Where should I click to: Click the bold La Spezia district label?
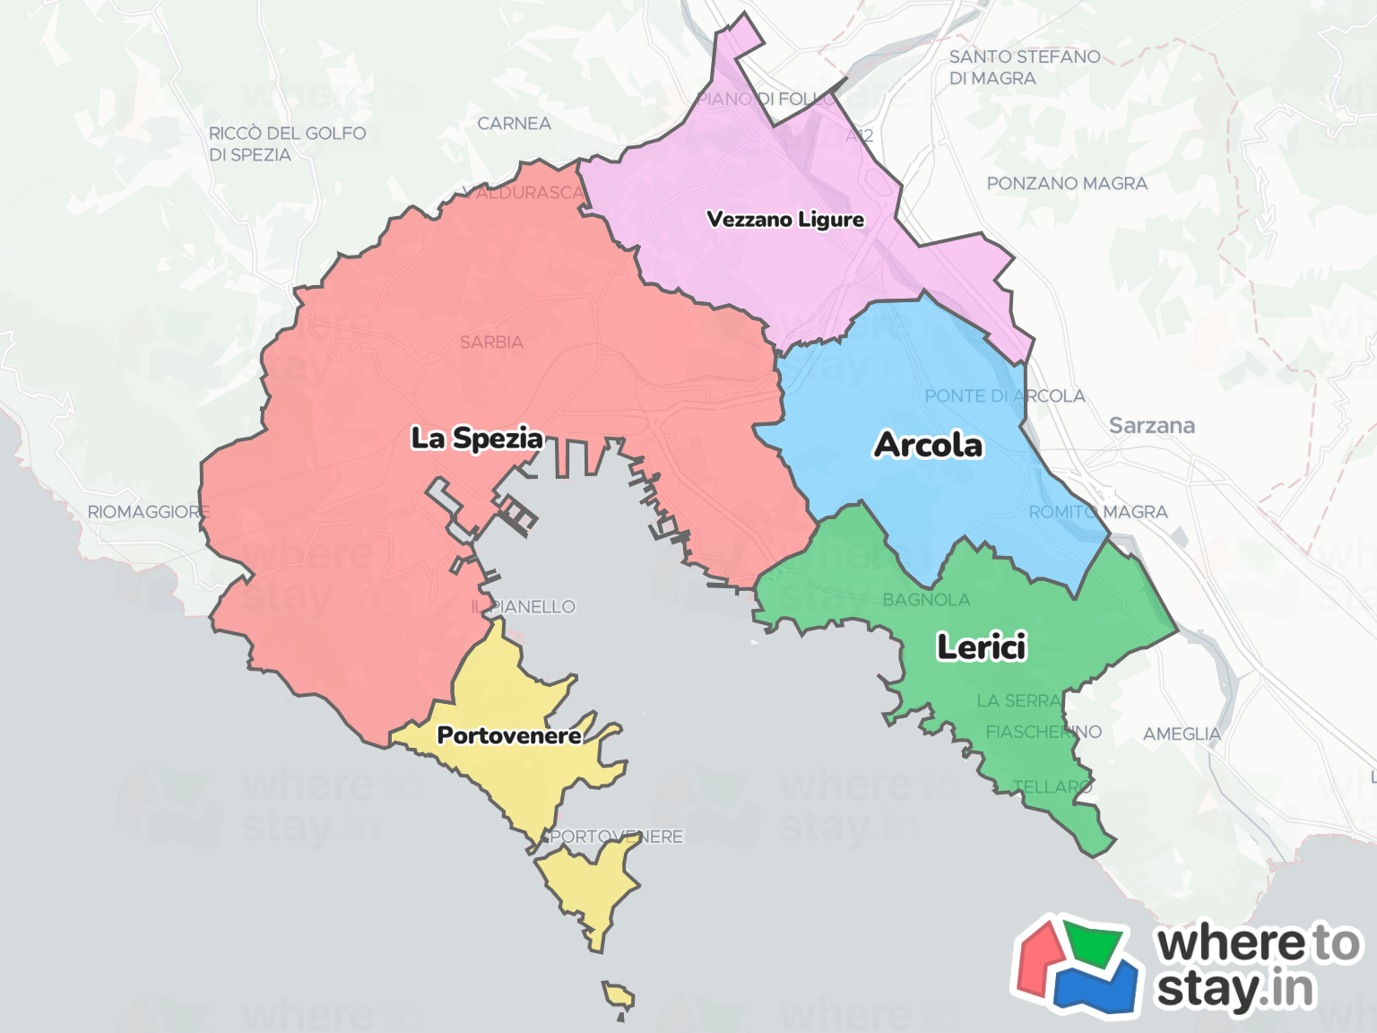[x=477, y=438]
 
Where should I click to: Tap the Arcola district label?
[x=929, y=445]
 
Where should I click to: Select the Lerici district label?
[x=982, y=647]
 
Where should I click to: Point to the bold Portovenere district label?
[x=509, y=735]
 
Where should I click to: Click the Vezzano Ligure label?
[x=785, y=220]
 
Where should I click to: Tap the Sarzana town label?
[x=1152, y=425]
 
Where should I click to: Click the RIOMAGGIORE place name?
[x=148, y=512]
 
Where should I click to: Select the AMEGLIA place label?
[x=1182, y=734]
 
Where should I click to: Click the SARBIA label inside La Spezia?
[x=491, y=343]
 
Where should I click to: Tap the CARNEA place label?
[x=514, y=124]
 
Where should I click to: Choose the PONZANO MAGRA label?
[x=1067, y=184]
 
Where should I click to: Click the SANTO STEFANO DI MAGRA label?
[x=1025, y=67]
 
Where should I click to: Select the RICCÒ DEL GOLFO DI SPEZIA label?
[x=287, y=143]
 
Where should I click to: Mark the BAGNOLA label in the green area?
[x=926, y=600]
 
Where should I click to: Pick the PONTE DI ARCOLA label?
[x=1005, y=396]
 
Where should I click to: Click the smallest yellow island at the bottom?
[x=618, y=996]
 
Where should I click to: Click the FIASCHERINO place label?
[x=1044, y=733]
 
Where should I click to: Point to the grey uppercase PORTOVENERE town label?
[x=617, y=837]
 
